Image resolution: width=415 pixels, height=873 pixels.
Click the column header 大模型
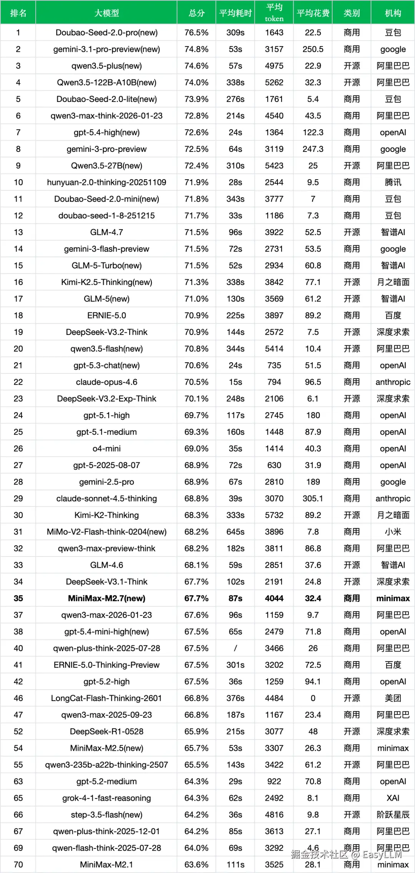click(x=106, y=13)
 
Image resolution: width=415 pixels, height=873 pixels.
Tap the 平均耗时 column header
click(x=235, y=13)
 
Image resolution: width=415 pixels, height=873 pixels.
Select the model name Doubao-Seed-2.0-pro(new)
click(x=106, y=33)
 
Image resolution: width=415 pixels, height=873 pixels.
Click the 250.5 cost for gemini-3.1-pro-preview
click(x=313, y=49)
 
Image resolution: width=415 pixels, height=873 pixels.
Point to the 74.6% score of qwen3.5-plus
click(x=196, y=66)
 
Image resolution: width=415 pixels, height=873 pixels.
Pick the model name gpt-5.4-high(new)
click(x=106, y=132)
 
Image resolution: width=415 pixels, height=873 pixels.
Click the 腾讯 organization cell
click(x=393, y=182)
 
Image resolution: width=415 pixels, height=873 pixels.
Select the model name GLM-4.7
click(x=106, y=232)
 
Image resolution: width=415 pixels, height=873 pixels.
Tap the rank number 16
click(x=18, y=282)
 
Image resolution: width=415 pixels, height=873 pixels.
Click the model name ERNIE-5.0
click(x=106, y=315)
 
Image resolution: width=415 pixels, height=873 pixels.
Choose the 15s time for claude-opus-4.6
click(x=235, y=382)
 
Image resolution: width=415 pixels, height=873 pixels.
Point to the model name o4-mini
click(x=106, y=448)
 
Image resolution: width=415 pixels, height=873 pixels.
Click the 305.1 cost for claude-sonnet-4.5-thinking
click(x=313, y=498)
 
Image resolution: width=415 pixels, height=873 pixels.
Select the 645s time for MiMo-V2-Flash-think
click(x=235, y=532)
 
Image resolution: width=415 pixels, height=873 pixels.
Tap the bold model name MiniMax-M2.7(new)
click(x=106, y=598)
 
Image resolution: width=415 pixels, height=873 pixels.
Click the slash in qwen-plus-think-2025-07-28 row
click(x=235, y=648)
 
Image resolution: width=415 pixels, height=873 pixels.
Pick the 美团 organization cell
click(x=393, y=698)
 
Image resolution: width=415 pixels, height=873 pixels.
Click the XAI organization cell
click(x=393, y=798)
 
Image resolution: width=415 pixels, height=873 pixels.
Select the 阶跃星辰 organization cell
click(x=393, y=815)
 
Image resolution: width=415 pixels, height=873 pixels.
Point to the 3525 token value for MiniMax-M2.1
click(x=274, y=865)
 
